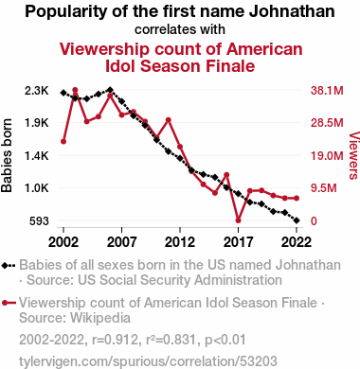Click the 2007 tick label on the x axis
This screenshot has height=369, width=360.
coord(121,242)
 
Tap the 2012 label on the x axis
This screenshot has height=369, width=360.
coord(180,242)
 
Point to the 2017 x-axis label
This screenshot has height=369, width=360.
coord(238,242)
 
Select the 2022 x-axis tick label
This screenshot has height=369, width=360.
coord(297,242)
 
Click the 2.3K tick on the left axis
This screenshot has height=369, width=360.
coord(37,91)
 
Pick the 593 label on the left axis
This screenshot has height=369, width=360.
coord(39,221)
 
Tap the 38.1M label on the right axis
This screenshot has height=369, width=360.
coord(327,91)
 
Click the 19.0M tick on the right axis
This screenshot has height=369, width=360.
coord(327,156)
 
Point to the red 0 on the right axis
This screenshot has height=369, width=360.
coord(314,221)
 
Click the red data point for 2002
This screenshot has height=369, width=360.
coord(63,142)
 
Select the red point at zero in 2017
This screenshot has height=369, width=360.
coord(238,220)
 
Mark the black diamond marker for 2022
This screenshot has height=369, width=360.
coord(297,220)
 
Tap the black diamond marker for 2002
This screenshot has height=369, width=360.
coord(63,93)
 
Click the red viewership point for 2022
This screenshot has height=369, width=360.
coord(297,198)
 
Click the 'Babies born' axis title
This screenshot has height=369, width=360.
coord(7,156)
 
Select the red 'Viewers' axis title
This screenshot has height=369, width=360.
coord(354,156)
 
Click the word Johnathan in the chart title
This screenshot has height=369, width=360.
coord(292,11)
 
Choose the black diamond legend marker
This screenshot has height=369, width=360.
coord(5,266)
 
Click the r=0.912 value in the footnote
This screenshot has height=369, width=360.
coord(116,340)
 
